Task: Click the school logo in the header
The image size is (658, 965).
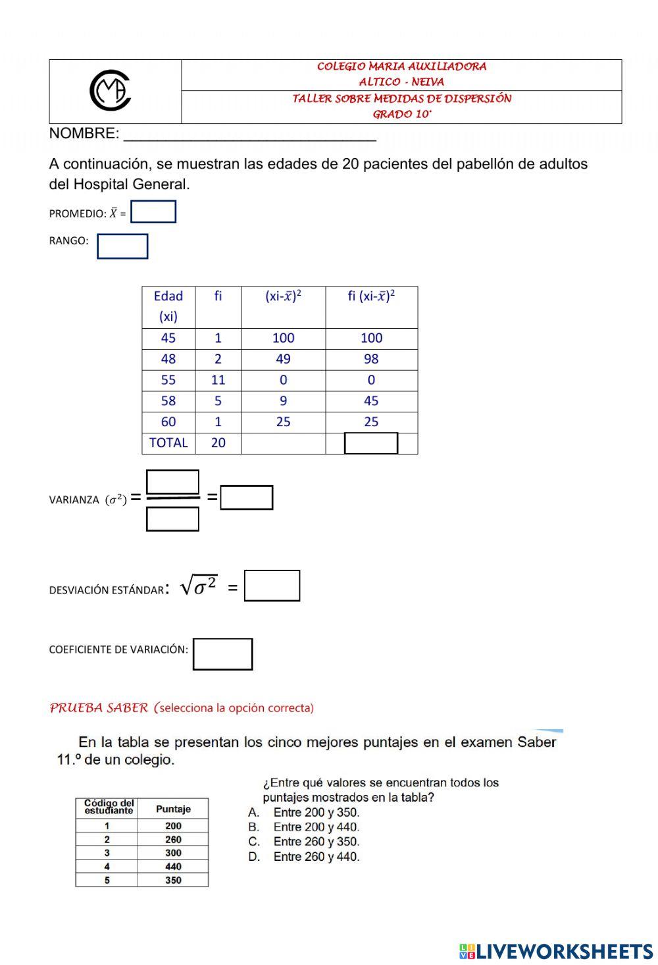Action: point(111,91)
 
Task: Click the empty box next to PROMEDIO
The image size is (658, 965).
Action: point(153,212)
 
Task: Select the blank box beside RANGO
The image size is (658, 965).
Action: point(122,246)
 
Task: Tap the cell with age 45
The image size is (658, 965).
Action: point(168,338)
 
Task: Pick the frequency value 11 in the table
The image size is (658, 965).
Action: point(218,380)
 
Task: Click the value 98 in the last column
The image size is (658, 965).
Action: point(371,359)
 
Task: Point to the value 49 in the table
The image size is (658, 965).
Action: point(283,359)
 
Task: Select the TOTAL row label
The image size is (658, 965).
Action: point(168,443)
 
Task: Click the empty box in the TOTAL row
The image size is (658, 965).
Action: point(371,443)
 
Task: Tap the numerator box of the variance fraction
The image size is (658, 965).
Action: point(172,482)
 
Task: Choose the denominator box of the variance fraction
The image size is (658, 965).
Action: point(172,519)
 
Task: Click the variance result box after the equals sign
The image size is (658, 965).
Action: point(247,497)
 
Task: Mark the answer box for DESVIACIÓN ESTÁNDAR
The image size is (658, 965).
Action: point(272,586)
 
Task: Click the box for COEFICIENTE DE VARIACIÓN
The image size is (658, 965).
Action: point(222,654)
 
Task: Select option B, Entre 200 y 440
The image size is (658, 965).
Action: point(315,827)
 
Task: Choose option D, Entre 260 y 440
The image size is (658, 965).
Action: point(315,857)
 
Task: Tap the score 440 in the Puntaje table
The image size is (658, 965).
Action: point(173,867)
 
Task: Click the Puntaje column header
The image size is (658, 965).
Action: point(173,809)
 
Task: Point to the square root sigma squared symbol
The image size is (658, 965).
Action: point(199,585)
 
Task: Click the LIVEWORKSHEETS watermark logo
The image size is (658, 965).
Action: point(556,951)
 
